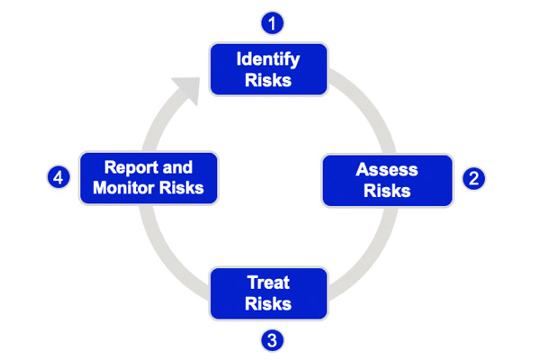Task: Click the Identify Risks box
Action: click(267, 69)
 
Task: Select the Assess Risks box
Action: click(382, 179)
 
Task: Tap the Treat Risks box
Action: click(267, 292)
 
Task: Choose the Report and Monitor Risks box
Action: click(148, 177)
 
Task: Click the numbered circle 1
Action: click(268, 22)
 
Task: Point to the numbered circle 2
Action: click(473, 178)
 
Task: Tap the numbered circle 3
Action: click(268, 340)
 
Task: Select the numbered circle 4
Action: click(58, 178)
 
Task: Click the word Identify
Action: click(267, 59)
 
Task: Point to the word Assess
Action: click(382, 168)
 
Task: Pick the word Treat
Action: click(268, 283)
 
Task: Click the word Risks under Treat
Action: click(268, 303)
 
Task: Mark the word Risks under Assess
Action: click(382, 190)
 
